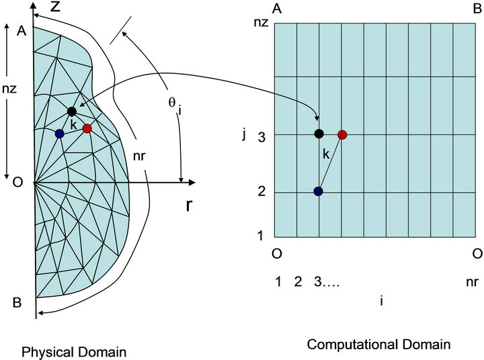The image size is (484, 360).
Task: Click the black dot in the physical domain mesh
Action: pos(72,111)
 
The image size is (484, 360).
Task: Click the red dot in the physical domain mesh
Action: pos(87,128)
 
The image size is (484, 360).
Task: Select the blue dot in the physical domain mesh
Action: pos(59,133)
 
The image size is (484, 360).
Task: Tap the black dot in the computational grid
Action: pos(319,134)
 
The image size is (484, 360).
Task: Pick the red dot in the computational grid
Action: pos(342,135)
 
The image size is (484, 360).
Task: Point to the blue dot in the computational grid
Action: pos(319,191)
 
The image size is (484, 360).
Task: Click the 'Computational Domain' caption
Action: pos(378,345)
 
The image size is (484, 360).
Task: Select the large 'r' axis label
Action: pos(189,205)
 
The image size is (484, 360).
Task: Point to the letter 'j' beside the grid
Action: pos(244,135)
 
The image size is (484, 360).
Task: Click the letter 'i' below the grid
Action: pos(381,300)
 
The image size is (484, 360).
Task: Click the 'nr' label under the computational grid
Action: pos(472,281)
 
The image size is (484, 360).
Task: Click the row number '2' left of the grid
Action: pos(262,191)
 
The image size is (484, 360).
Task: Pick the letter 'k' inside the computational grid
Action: pos(326,154)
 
